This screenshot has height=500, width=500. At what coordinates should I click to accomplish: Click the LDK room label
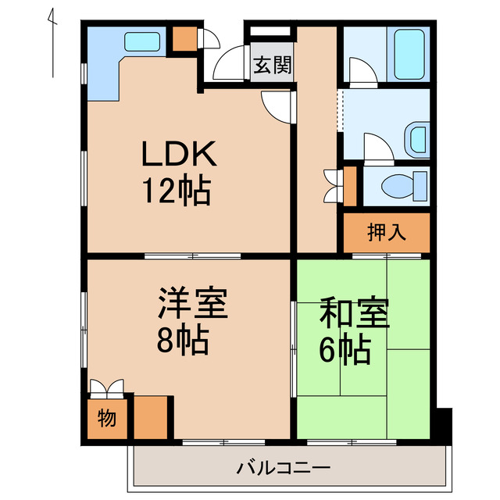[177, 156]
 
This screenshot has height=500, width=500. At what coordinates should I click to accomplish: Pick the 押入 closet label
[386, 232]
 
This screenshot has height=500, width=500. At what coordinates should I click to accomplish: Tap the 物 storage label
[107, 418]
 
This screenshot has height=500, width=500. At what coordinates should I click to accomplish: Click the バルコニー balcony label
[284, 469]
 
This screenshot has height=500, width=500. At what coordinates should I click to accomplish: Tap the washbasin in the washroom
[417, 139]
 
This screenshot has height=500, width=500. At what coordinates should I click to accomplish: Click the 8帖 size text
[181, 340]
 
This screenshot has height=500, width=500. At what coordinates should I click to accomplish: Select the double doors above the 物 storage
[105, 388]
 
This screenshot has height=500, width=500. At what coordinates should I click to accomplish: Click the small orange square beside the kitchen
[185, 38]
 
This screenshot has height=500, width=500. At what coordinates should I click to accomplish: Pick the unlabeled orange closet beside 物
[152, 418]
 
